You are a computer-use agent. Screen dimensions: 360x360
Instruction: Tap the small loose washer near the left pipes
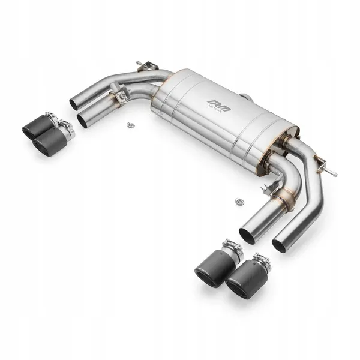tap(129, 125)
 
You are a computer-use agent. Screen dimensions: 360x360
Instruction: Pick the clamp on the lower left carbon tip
tap(65, 128)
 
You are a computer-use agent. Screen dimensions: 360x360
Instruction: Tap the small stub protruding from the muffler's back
tap(245, 96)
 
